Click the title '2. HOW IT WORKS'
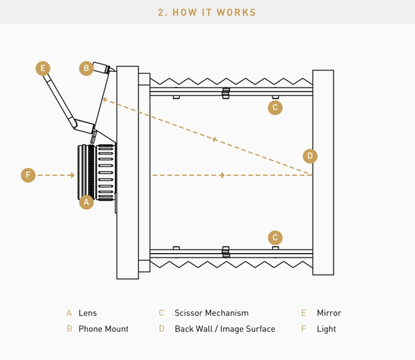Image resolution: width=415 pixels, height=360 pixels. [x=207, y=12]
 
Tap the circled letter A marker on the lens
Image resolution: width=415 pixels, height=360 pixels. [x=86, y=201]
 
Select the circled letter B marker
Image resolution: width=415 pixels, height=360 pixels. [x=87, y=68]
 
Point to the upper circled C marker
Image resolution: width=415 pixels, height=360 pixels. [x=275, y=108]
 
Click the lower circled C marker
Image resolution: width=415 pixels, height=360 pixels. [x=275, y=238]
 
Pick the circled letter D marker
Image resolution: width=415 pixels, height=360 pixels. [x=310, y=156]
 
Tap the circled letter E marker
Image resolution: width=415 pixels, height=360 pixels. [x=42, y=68]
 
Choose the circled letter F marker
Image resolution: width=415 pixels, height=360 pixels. [x=28, y=175]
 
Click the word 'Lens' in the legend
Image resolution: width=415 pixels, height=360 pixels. [x=87, y=313]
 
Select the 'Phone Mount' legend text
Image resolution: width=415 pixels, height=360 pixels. [x=103, y=329]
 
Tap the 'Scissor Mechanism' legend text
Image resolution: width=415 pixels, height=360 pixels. [x=211, y=313]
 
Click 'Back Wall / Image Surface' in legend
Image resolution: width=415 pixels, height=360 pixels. [x=224, y=329]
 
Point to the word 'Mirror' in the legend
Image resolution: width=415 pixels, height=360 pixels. [x=329, y=313]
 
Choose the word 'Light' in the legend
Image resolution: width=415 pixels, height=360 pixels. [x=326, y=329]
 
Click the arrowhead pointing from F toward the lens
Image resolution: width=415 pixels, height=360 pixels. [x=72, y=175]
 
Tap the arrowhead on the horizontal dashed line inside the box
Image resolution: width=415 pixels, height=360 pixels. [x=222, y=175]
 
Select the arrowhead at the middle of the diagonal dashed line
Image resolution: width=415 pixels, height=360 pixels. [x=214, y=140]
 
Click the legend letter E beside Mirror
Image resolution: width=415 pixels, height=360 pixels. [x=304, y=313]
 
